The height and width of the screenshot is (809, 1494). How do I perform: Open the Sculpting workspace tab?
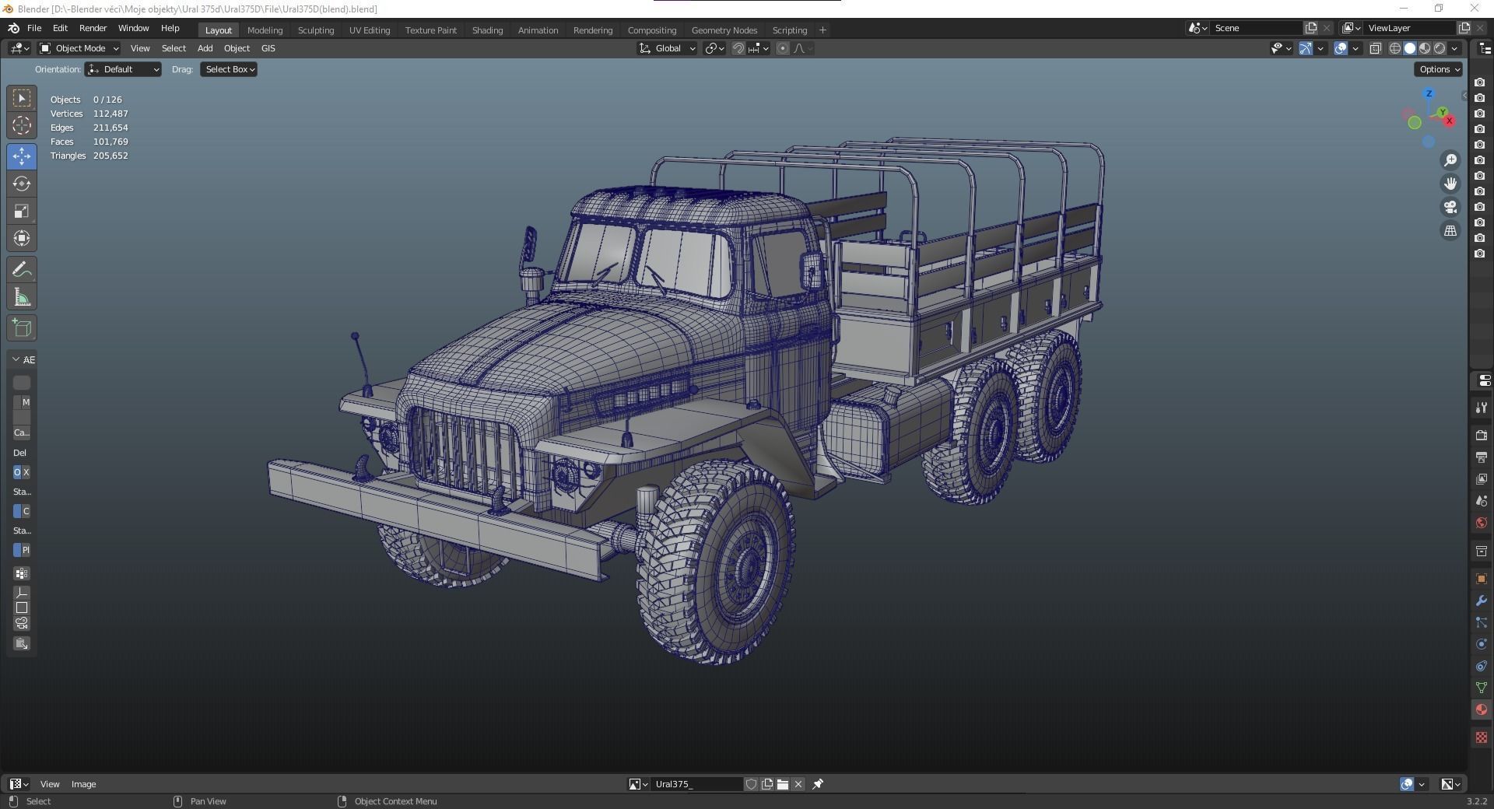(x=315, y=30)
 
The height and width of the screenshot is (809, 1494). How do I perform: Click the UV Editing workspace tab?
(x=369, y=30)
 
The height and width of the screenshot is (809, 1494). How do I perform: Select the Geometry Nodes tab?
(x=724, y=30)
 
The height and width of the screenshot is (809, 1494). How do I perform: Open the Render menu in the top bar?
(x=93, y=28)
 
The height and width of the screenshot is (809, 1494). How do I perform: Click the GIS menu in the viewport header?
(x=268, y=48)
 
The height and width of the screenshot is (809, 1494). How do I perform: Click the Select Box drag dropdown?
(x=230, y=69)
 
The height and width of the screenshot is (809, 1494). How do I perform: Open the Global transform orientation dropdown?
(x=668, y=48)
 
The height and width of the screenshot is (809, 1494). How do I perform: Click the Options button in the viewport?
(x=1438, y=69)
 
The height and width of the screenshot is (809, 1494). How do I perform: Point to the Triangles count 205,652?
(x=110, y=156)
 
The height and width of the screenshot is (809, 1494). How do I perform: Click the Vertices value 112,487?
(x=110, y=114)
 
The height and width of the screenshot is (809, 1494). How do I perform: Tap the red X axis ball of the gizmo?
(x=1449, y=121)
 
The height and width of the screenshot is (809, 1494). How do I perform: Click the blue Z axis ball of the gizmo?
(x=1429, y=94)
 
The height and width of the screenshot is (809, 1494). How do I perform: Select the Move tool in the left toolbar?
(x=22, y=156)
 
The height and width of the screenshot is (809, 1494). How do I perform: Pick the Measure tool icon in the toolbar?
(x=22, y=297)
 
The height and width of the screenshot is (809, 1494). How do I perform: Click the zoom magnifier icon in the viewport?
(x=1450, y=160)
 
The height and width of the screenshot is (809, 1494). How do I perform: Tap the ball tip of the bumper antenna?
(x=355, y=337)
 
